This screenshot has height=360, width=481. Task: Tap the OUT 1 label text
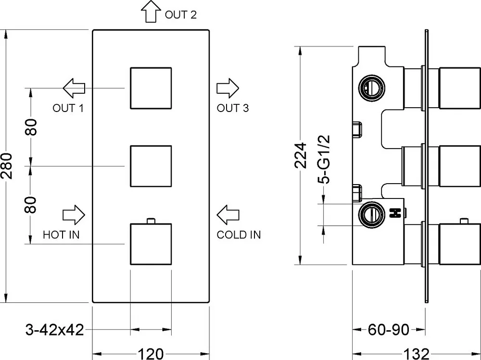pyautogui.click(x=68, y=108)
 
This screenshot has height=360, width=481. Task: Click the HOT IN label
pyautogui.click(x=61, y=235)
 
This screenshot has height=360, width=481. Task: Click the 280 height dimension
pyautogui.click(x=7, y=166)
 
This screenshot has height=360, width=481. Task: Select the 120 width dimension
pyautogui.click(x=151, y=354)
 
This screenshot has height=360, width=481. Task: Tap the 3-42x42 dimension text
pyautogui.click(x=55, y=330)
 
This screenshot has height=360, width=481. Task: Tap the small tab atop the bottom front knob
pyautogui.click(x=151, y=221)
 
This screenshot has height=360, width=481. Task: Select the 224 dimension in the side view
pyautogui.click(x=301, y=155)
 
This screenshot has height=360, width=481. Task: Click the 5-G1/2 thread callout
pyautogui.click(x=324, y=159)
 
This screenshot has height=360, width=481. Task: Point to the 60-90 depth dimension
pyautogui.click(x=388, y=330)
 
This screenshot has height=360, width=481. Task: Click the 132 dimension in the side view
pyautogui.click(x=416, y=354)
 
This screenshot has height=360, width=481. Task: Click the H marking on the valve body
pyautogui.click(x=395, y=213)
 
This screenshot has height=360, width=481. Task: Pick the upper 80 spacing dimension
pyautogui.click(x=31, y=127)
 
